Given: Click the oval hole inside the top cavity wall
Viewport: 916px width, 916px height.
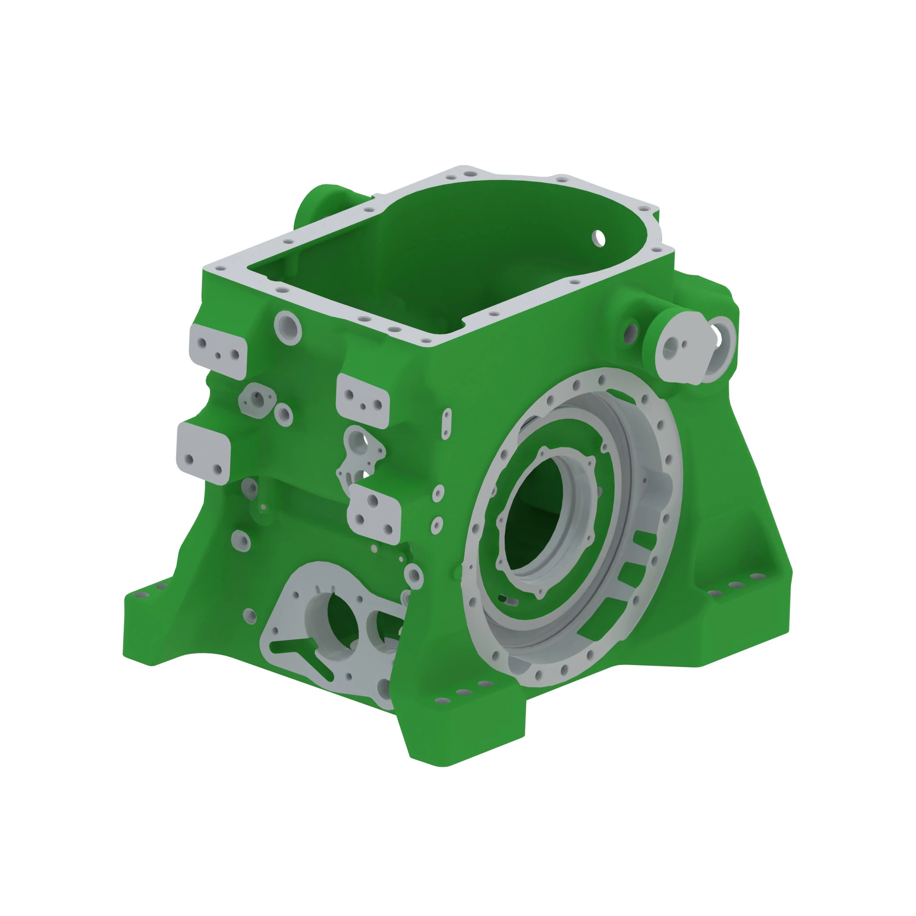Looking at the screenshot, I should tap(599, 238).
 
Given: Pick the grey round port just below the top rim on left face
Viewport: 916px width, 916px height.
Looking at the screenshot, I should tap(288, 327).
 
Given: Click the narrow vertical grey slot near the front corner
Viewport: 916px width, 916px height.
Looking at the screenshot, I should tap(446, 424).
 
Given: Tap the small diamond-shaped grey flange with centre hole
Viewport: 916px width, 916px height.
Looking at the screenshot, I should tap(257, 400).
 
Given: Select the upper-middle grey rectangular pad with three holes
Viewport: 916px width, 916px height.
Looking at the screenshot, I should tap(363, 401).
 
